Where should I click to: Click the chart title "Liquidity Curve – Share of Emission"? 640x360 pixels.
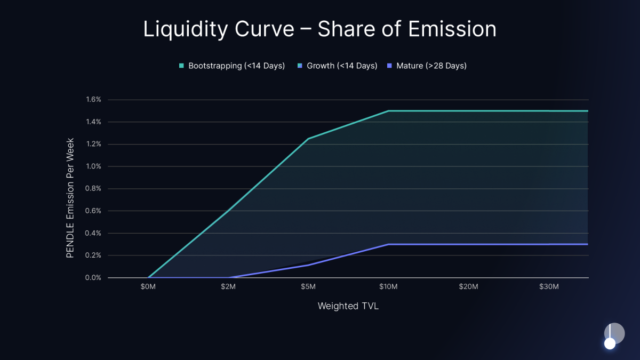point(319,29)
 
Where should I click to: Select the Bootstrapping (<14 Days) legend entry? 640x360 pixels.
point(231,66)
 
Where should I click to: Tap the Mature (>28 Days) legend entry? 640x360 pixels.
point(427,66)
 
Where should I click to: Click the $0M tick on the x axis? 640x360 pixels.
point(148,287)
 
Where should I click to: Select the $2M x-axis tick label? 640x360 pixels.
point(228,287)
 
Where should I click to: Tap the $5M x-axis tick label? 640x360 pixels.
point(308,287)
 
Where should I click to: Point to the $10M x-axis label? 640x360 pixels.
point(388,287)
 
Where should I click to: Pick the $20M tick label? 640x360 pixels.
point(468,287)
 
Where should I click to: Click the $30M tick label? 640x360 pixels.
point(548,287)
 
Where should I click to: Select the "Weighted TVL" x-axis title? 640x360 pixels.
point(348,306)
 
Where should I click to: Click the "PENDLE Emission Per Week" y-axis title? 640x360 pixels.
point(70,198)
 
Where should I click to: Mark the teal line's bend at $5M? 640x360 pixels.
point(308,139)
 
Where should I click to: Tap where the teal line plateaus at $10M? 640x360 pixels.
point(388,111)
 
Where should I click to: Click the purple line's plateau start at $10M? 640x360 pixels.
point(388,244)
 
